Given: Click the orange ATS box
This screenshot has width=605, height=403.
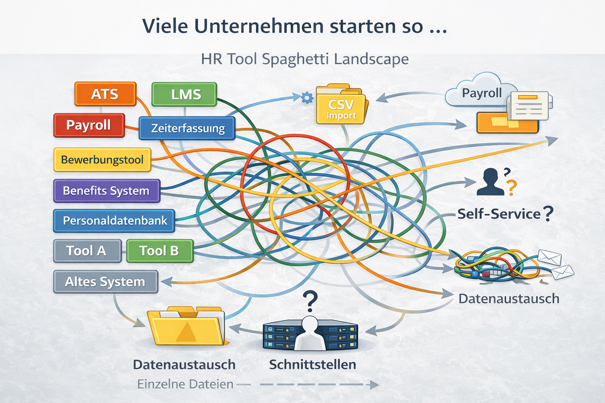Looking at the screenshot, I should [x=105, y=94].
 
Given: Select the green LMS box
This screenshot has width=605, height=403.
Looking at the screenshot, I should [x=184, y=94].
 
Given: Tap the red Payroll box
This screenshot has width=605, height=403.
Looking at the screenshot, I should [x=89, y=125].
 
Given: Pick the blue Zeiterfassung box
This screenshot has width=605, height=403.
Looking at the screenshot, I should [x=187, y=128].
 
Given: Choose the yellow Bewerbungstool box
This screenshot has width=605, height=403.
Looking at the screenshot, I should [x=102, y=160].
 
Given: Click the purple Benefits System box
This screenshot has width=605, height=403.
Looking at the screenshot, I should [x=106, y=191].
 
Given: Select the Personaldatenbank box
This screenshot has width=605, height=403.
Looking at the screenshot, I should [x=114, y=221].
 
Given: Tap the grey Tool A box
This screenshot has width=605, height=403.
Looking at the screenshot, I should [x=87, y=251].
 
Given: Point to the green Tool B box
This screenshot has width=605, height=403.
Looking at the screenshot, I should [x=160, y=251].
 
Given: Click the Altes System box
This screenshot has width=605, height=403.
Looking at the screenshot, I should [x=106, y=282].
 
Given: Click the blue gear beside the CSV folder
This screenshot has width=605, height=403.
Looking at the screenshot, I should [x=307, y=98].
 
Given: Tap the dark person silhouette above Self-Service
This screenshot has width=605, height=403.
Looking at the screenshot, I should [x=490, y=183].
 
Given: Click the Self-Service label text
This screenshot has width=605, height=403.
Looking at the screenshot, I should [x=499, y=214].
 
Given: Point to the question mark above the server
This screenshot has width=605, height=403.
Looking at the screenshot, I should [x=311, y=301].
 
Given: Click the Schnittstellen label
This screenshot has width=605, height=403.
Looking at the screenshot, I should [x=312, y=365].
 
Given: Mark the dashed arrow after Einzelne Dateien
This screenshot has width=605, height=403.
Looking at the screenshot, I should [x=319, y=385].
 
